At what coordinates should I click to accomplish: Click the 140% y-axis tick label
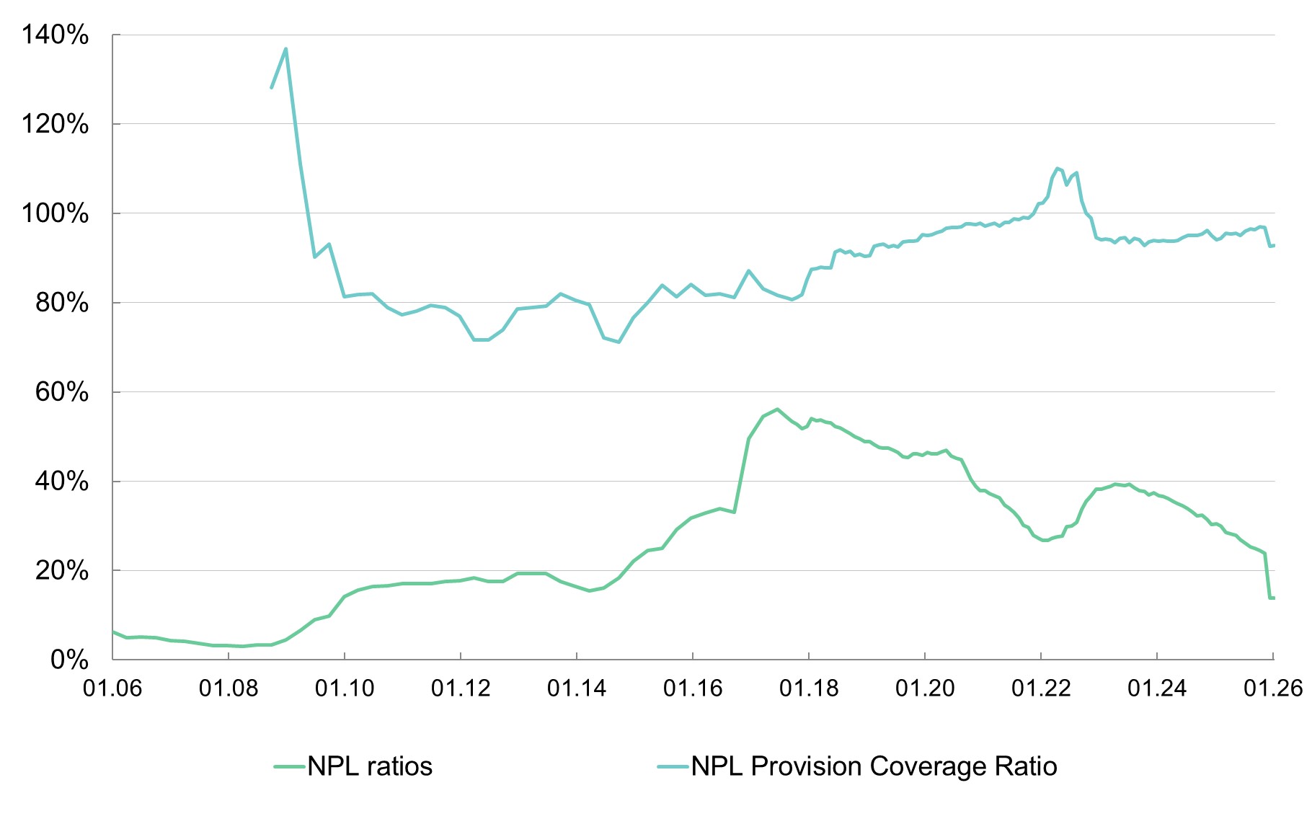click(x=55, y=35)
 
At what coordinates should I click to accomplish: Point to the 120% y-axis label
click(x=55, y=124)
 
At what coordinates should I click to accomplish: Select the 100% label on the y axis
click(x=55, y=213)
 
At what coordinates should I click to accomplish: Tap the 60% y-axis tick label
click(x=62, y=392)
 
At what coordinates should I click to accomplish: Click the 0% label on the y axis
click(x=69, y=660)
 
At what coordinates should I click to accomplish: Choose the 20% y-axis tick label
click(x=62, y=571)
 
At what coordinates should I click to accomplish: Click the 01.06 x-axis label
click(x=112, y=688)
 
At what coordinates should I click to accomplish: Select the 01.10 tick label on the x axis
click(x=345, y=688)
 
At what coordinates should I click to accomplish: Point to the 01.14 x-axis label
click(x=577, y=688)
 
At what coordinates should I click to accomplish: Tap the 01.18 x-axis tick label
click(x=809, y=688)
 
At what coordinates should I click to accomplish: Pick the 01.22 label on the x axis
click(x=1041, y=688)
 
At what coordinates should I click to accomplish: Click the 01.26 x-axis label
click(x=1273, y=688)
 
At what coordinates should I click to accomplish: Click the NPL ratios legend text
click(x=370, y=766)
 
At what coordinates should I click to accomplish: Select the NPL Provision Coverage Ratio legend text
click(x=874, y=766)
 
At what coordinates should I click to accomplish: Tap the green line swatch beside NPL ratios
click(x=290, y=767)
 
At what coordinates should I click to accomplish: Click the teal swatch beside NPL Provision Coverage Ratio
click(x=673, y=767)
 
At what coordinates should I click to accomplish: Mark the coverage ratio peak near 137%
click(x=286, y=49)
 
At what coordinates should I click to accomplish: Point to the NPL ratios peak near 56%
click(x=777, y=409)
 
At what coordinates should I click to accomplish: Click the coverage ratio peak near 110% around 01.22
click(x=1057, y=169)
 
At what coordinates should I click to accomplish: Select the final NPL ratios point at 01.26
click(x=1272, y=598)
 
